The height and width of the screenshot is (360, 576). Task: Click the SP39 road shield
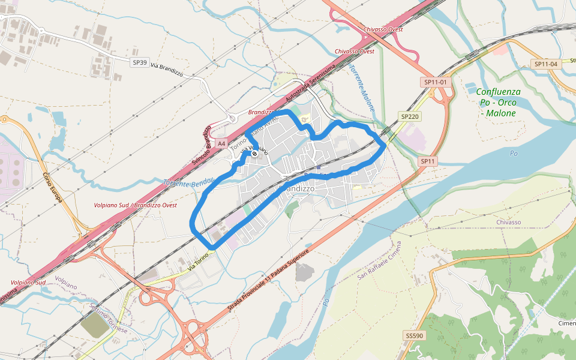click(x=140, y=62)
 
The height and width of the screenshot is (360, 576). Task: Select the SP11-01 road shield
click(x=436, y=82)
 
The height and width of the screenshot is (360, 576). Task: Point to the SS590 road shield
click(x=414, y=335)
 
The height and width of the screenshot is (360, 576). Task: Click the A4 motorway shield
click(x=222, y=143)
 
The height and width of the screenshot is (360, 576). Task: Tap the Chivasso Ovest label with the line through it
click(x=383, y=29)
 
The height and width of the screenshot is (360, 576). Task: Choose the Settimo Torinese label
click(x=108, y=319)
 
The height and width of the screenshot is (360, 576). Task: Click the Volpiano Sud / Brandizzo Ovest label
click(x=136, y=205)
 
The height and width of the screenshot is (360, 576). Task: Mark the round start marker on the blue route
click(x=254, y=154)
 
